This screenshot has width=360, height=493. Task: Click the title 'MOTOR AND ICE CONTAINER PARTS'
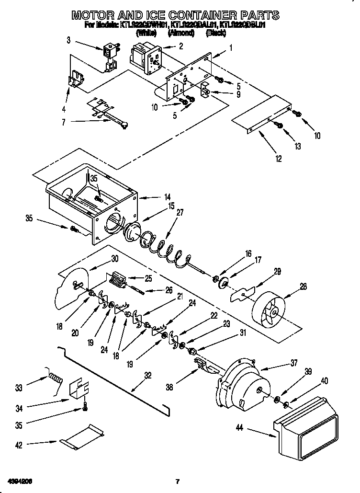pyautogui.click(x=175, y=15)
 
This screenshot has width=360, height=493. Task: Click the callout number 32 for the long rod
pyautogui.click(x=148, y=376)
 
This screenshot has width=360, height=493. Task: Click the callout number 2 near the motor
pyautogui.click(x=180, y=46)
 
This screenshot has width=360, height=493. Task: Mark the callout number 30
pyautogui.click(x=114, y=259)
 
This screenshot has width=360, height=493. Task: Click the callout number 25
pyautogui.click(x=147, y=278)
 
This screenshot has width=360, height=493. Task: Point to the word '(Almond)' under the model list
pyautogui.click(x=180, y=34)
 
